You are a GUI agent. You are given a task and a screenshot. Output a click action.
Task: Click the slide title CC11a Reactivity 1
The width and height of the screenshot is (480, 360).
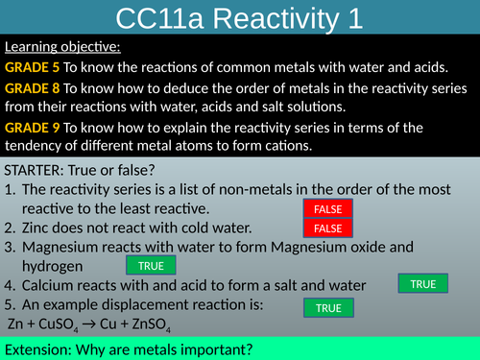pos(239,18)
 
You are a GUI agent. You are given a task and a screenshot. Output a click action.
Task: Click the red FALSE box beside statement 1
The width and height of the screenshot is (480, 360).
pos(328,209)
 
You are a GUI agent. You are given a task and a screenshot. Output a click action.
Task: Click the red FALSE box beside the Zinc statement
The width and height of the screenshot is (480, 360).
pos(328,228)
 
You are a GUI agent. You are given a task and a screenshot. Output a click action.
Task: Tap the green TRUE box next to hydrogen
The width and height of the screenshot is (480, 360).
pos(151,266)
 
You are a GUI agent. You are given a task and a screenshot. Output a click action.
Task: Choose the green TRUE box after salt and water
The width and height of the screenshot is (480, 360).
pos(422,283)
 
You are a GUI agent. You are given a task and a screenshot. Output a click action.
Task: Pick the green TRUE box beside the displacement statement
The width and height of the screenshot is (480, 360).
pos(328,307)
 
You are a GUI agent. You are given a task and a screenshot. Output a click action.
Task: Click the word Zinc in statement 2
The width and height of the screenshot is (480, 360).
pos(40,228)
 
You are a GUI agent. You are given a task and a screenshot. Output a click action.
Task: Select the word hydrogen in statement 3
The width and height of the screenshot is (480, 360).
pos(53,265)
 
